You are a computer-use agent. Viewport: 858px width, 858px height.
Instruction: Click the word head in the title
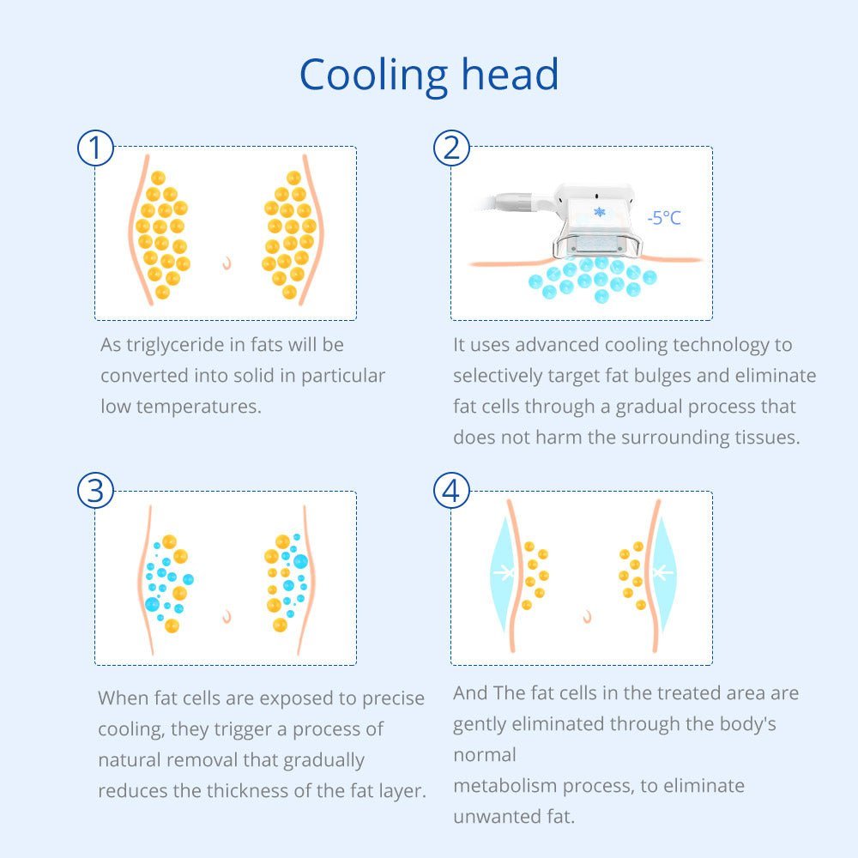click(510, 73)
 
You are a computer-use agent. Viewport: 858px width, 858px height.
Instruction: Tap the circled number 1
click(96, 148)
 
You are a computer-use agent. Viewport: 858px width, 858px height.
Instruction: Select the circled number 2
click(451, 148)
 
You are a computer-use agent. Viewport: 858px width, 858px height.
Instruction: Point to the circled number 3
click(96, 490)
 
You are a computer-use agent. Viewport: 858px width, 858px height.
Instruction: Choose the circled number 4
click(451, 490)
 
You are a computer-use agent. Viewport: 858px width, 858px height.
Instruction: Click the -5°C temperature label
click(664, 218)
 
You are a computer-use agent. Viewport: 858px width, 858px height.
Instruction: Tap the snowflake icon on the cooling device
click(600, 211)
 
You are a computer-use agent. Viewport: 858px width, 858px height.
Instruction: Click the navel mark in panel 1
click(227, 263)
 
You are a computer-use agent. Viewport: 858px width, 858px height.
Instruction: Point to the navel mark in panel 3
click(227, 617)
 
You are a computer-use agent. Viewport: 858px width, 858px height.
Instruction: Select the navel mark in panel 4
click(588, 617)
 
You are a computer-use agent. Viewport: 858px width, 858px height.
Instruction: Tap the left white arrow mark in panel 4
click(504, 573)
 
